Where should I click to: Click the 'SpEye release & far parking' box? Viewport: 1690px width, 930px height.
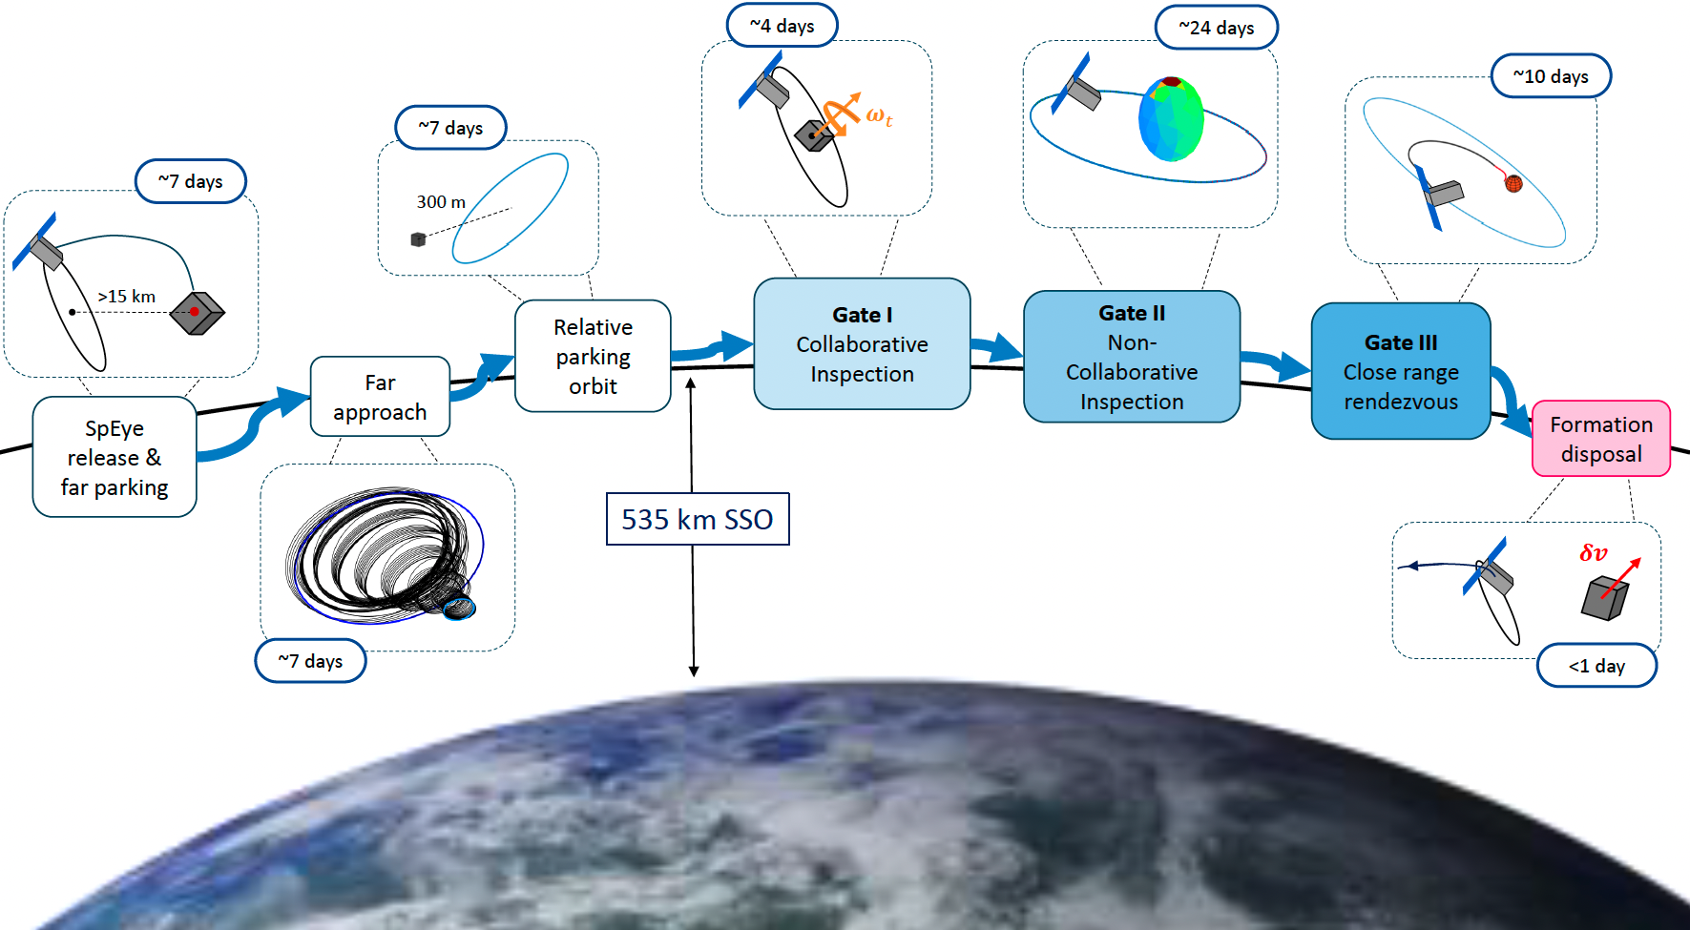point(115,457)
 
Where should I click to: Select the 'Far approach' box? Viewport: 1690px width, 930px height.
point(380,397)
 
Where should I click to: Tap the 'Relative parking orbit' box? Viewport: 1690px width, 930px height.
point(593,356)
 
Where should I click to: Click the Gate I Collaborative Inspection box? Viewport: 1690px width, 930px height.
point(862,343)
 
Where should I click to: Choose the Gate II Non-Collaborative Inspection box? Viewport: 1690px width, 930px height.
point(1131,357)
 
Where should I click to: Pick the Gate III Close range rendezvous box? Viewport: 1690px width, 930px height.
point(1400,371)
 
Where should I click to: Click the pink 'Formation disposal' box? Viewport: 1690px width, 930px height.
point(1600,439)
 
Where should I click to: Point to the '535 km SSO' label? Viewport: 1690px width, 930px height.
point(698,519)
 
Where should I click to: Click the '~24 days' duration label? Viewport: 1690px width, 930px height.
point(1216,28)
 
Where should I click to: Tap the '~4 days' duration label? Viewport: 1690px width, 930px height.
point(782,26)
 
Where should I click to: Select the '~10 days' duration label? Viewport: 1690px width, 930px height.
point(1551,76)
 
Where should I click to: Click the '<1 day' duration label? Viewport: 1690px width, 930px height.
point(1596,666)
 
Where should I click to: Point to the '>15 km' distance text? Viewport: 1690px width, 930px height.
point(127,297)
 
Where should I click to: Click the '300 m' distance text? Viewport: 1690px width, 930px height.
point(441,202)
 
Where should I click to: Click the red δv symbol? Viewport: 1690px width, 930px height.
point(1593,553)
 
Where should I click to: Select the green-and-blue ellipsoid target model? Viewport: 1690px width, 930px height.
point(1171,119)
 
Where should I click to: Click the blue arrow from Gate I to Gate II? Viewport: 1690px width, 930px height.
point(997,348)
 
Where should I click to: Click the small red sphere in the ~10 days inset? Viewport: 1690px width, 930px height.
point(1513,183)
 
